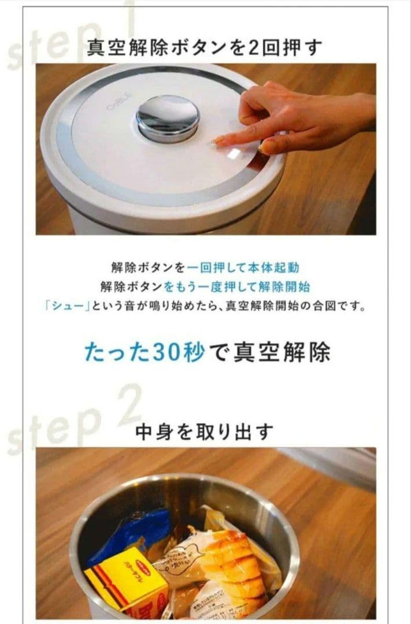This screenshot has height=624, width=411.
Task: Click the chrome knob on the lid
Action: click(167, 117)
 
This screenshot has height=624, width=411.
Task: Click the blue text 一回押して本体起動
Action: click(243, 268)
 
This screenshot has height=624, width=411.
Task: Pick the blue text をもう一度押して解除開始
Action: click(236, 287)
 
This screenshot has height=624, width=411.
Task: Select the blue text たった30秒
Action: click(145, 352)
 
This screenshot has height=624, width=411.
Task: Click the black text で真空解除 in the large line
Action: click(269, 352)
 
